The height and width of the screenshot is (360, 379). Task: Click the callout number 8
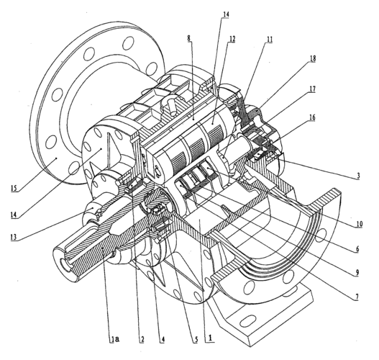coord(188,38)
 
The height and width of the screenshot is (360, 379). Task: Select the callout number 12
coord(232,38)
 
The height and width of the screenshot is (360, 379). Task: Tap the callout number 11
coord(270,39)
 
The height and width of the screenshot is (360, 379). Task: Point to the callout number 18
coord(313,59)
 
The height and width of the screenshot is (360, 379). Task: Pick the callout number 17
coord(313,89)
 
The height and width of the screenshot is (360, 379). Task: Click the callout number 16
coord(312,117)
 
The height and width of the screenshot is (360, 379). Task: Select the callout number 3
coord(358,176)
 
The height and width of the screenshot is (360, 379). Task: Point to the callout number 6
coord(357,248)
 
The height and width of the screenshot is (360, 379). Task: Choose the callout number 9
coord(357,273)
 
